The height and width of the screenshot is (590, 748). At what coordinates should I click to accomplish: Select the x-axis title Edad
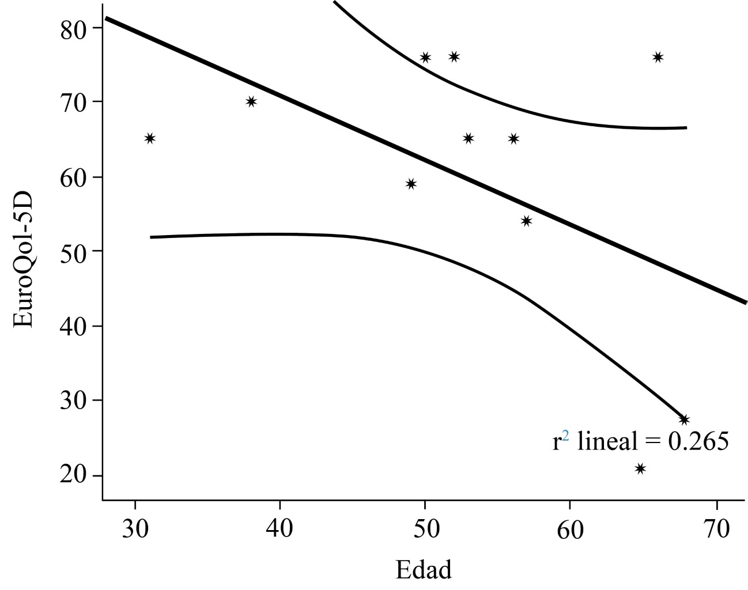pyautogui.click(x=424, y=570)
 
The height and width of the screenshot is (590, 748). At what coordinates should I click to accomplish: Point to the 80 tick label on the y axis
pyautogui.click(x=73, y=29)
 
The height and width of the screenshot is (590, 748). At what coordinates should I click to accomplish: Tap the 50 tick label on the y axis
pyautogui.click(x=73, y=252)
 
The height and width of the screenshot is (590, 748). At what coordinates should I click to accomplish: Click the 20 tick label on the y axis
pyautogui.click(x=73, y=476)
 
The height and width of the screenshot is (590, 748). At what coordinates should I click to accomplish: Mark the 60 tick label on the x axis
pyautogui.click(x=570, y=529)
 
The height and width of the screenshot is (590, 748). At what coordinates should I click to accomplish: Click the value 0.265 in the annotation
pyautogui.click(x=698, y=441)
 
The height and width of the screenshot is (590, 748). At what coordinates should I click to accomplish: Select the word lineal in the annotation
pyautogui.click(x=607, y=441)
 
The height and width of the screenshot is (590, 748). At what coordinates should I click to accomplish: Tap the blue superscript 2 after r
pyautogui.click(x=565, y=437)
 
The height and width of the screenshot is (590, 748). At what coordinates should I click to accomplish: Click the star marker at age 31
pyautogui.click(x=150, y=138)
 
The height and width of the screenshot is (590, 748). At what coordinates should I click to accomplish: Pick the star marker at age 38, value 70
pyautogui.click(x=251, y=101)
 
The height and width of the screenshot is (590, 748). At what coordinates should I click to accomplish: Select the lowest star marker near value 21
pyautogui.click(x=640, y=468)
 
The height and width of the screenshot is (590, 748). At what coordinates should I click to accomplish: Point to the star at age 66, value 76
pyautogui.click(x=658, y=57)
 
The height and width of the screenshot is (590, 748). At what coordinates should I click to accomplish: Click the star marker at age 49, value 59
pyautogui.click(x=411, y=184)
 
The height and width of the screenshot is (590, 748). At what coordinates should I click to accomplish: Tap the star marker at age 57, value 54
pyautogui.click(x=526, y=221)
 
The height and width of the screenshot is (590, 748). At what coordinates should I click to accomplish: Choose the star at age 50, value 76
pyautogui.click(x=425, y=57)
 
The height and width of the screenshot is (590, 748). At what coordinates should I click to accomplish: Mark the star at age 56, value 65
pyautogui.click(x=513, y=138)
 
